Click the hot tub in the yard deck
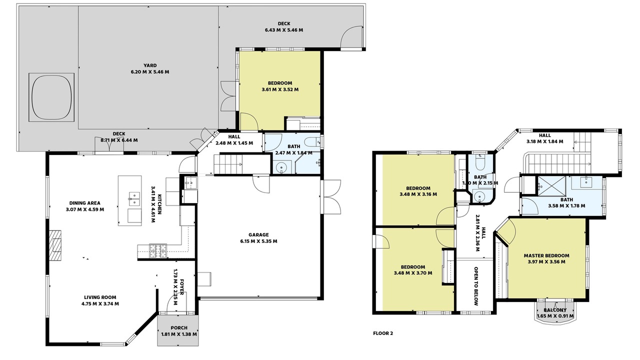click(51, 97)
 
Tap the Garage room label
click(258, 235)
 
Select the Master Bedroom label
click(546, 255)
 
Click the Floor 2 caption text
click(383, 333)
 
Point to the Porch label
click(179, 327)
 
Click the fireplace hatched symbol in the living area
click(55, 245)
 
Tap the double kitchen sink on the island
click(134, 199)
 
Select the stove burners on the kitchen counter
click(157, 251)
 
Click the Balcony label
click(555, 310)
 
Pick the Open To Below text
click(476, 286)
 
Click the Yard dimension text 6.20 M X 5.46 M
click(150, 71)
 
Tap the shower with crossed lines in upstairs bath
click(551, 186)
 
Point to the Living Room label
click(100, 297)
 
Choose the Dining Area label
click(85, 203)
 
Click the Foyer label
click(181, 286)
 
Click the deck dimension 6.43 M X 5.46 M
click(284, 30)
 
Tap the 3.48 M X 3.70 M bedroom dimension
click(413, 273)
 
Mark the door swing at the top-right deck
click(352, 36)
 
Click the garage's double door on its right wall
click(331, 196)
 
